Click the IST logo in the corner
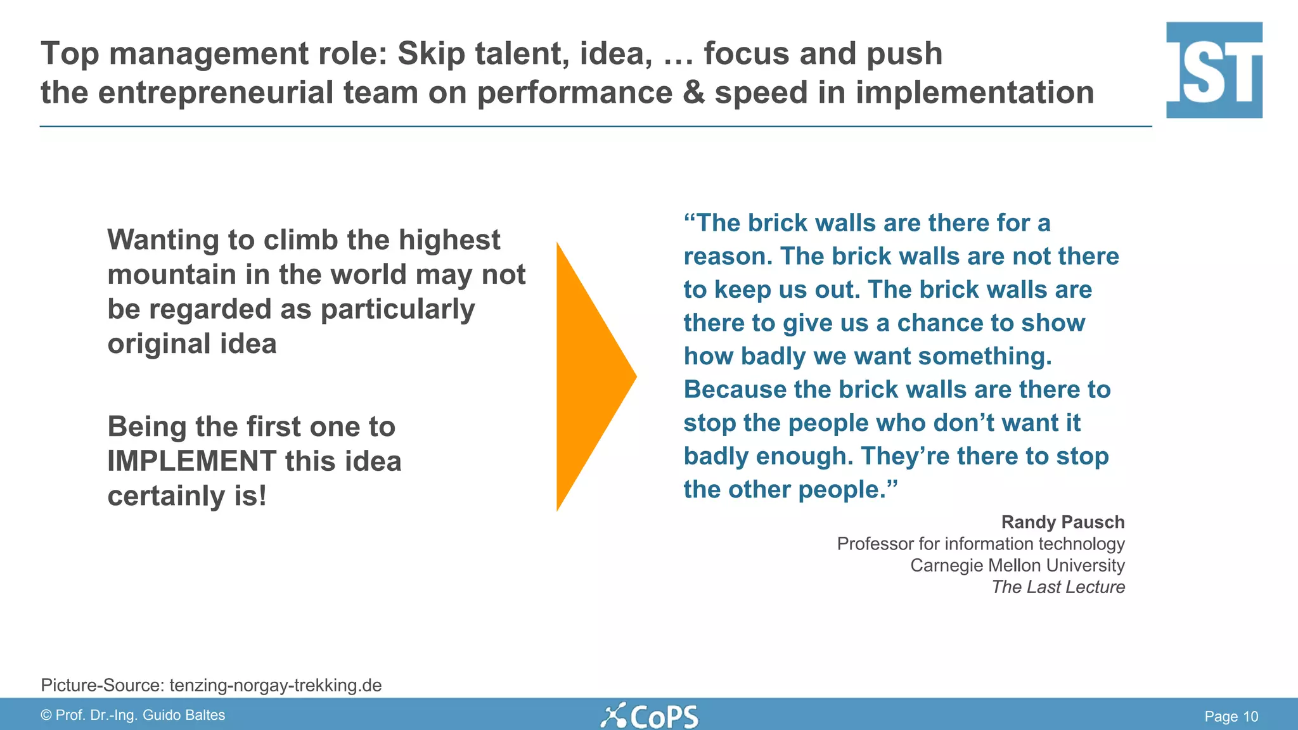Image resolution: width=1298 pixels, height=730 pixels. pyautogui.click(x=1214, y=70)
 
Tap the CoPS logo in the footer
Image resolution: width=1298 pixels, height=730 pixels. pyautogui.click(x=649, y=716)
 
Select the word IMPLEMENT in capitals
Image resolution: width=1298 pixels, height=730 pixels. pyautogui.click(x=191, y=461)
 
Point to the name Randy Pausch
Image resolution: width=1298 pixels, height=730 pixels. pyautogui.click(x=1062, y=522)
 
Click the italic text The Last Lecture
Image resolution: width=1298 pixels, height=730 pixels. pyautogui.click(x=1058, y=587)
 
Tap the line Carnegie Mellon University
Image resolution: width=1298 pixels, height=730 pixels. pyautogui.click(x=1017, y=565)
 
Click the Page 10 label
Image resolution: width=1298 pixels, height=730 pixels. pyautogui.click(x=1231, y=716)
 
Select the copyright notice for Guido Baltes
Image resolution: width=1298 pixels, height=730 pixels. pyautogui.click(x=133, y=715)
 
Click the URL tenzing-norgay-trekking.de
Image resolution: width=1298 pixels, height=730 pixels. pyautogui.click(x=275, y=685)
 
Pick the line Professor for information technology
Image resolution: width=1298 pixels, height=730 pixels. pyautogui.click(x=980, y=544)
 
